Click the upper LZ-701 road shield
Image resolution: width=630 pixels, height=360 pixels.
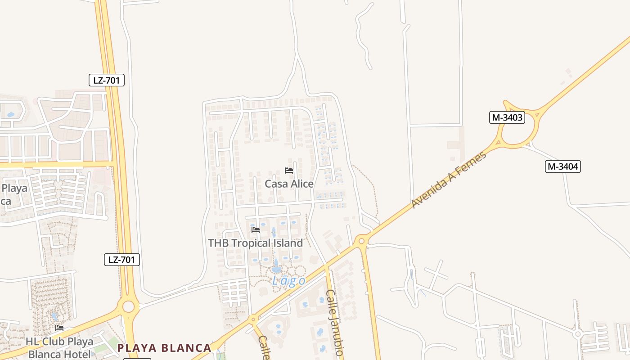pos(106,81)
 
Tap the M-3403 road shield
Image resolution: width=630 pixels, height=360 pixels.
pos(507,117)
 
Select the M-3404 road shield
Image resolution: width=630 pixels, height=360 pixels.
pos(563,166)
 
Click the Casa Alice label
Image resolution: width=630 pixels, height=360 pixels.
pos(289,184)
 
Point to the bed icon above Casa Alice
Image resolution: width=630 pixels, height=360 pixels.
pos(289,171)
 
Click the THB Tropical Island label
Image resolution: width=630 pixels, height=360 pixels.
pos(255,243)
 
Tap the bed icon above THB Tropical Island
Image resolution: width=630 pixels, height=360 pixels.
pos(256,230)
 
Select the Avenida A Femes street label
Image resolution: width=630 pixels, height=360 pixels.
pos(449,180)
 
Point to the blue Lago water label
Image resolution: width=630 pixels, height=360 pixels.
pos(288,281)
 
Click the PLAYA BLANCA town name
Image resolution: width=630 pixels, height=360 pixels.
pos(164,348)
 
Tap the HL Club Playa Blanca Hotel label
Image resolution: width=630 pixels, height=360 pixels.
pos(59,347)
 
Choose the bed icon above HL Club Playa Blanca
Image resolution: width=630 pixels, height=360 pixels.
pos(59,328)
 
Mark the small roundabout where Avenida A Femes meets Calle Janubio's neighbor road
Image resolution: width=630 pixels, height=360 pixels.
pos(361,241)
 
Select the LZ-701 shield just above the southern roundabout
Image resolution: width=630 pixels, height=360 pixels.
pos(122,260)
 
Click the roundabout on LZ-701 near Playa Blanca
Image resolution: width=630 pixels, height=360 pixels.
pos(128,307)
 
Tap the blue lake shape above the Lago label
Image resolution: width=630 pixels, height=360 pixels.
pos(276,268)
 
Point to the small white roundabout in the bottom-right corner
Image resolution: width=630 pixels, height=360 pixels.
pos(577,334)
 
